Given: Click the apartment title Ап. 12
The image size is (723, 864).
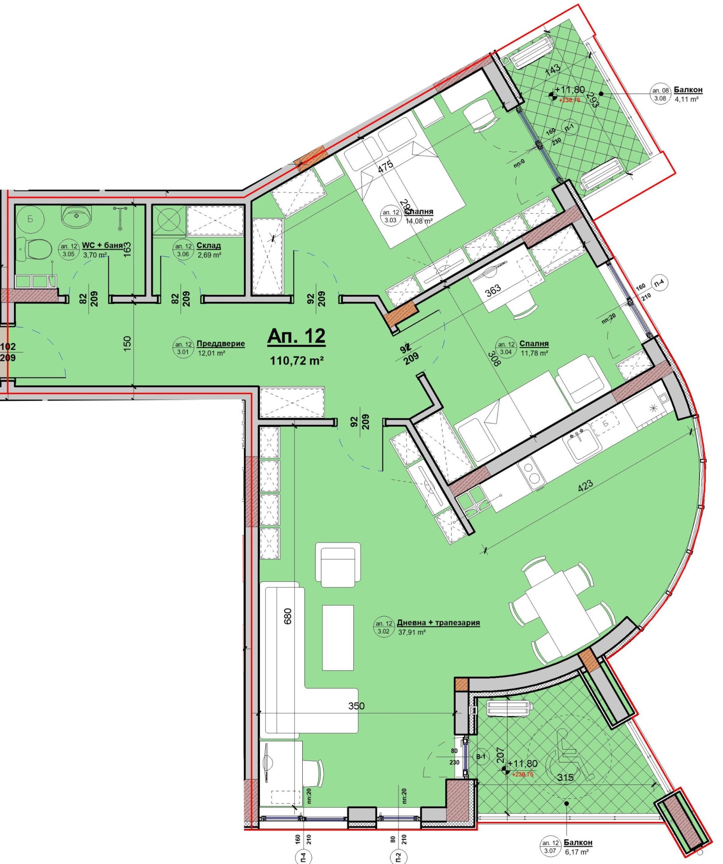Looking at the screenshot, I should pyautogui.click(x=296, y=336).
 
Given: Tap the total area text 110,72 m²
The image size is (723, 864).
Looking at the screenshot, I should pyautogui.click(x=297, y=361).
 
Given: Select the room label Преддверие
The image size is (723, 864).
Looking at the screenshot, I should pyautogui.click(x=221, y=344).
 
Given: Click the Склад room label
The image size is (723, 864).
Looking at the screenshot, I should pyautogui.click(x=209, y=246).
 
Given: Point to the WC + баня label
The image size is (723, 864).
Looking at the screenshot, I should pyautogui.click(x=103, y=246).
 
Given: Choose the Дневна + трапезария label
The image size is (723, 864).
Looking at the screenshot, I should pyautogui.click(x=438, y=623).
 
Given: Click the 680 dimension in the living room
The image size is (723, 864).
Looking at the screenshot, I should pyautogui.click(x=288, y=616).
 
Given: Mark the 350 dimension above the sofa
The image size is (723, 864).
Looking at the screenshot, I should pyautogui.click(x=356, y=706).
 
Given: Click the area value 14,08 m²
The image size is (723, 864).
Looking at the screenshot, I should pyautogui.click(x=419, y=221).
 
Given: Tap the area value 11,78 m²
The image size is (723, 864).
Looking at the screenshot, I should pyautogui.click(x=535, y=353).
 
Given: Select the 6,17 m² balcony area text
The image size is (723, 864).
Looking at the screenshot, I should pyautogui.click(x=577, y=852).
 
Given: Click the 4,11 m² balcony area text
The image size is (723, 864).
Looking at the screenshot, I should pyautogui.click(x=687, y=99).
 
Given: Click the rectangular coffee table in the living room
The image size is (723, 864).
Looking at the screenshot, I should pyautogui.click(x=338, y=637).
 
